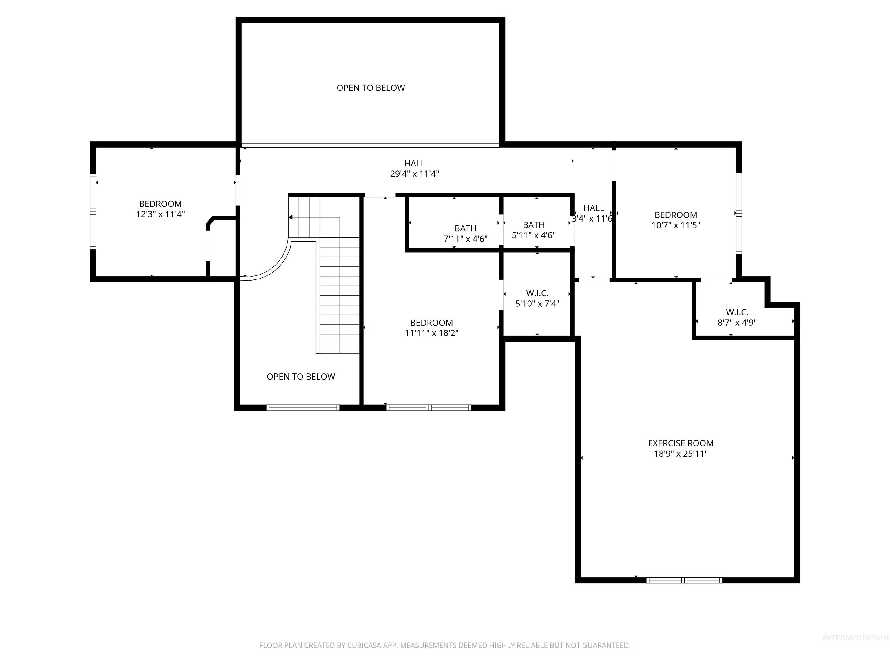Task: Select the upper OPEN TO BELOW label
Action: (371, 88)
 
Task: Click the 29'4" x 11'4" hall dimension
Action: (414, 174)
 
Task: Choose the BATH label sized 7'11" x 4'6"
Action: (466, 228)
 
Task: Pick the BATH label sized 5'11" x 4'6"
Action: (534, 225)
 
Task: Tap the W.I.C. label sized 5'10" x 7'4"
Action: (537, 293)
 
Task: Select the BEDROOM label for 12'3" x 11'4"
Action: (160, 204)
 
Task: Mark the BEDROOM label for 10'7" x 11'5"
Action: (676, 215)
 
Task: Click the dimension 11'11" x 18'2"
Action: (431, 333)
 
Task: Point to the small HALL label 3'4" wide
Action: (593, 208)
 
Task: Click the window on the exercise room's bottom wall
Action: (684, 580)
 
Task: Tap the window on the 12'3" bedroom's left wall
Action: (93, 212)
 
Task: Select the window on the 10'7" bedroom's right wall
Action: (739, 213)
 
